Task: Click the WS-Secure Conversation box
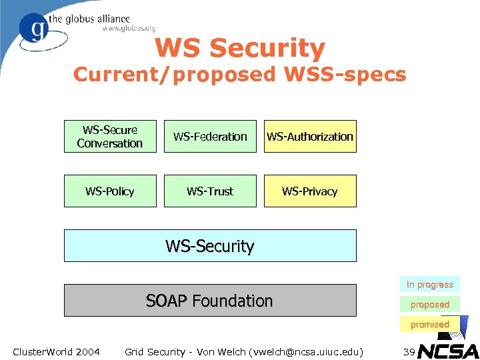coord(110,137)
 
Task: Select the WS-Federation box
coord(210,137)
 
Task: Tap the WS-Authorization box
coord(310,137)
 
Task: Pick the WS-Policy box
coord(110,191)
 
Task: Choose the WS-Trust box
coord(210,191)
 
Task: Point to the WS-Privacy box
coord(310,191)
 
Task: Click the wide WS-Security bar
coord(210,246)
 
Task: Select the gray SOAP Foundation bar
coord(210,301)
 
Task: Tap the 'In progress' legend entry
coord(430,285)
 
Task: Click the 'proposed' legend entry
coord(430,305)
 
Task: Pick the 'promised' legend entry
coord(430,325)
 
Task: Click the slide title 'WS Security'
coord(240,48)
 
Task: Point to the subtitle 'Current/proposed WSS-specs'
coord(240,75)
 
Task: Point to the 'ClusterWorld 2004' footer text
coord(57,351)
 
